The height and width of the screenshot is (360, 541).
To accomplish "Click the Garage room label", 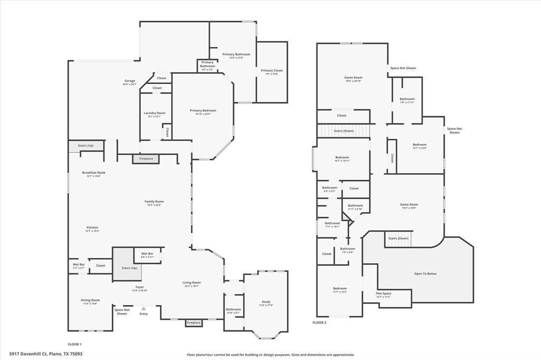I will [129, 81].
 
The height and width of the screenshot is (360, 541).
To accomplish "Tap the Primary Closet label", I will [272, 71].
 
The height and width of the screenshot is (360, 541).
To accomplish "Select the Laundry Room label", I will [154, 113].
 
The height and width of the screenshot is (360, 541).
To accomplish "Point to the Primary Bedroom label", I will [203, 111].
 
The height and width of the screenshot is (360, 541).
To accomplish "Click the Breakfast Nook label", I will [94, 173].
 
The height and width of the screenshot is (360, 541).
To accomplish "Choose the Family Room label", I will [154, 202].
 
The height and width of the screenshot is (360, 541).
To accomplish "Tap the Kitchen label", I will [92, 228].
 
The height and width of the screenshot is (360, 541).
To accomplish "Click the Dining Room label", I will [90, 300].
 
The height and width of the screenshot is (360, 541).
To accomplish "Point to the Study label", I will [266, 302].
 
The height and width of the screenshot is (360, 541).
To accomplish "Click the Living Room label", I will [192, 283].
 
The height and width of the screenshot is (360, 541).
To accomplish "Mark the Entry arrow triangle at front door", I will [143, 308].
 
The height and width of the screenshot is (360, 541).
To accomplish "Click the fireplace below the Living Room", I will [194, 323].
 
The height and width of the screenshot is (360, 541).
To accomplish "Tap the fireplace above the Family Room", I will [146, 159].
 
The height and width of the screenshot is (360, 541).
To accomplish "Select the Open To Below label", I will [425, 273].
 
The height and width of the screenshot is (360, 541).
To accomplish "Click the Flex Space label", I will [383, 293].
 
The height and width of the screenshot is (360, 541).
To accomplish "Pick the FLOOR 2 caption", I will [319, 322].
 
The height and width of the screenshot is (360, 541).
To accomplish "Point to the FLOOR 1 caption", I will [74, 344].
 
